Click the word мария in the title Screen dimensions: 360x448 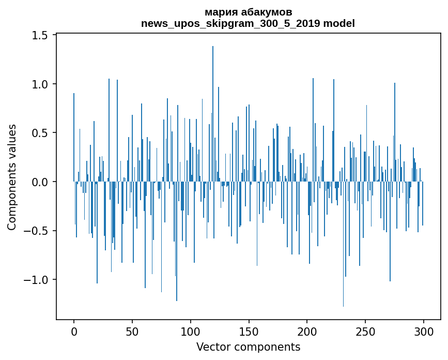(220, 12)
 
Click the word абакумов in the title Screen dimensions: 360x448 (264, 12)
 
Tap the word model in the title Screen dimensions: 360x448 (341, 23)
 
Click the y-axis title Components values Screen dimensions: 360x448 (12, 177)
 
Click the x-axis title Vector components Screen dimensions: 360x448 (248, 347)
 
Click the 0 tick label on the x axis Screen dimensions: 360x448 (74, 331)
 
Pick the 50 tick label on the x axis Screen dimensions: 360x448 (132, 331)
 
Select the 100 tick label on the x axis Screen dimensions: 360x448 (191, 331)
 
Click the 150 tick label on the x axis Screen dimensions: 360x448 (249, 331)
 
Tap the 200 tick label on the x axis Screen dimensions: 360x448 (307, 331)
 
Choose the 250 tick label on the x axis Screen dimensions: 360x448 (365, 331)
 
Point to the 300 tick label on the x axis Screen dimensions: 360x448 (423, 331)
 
